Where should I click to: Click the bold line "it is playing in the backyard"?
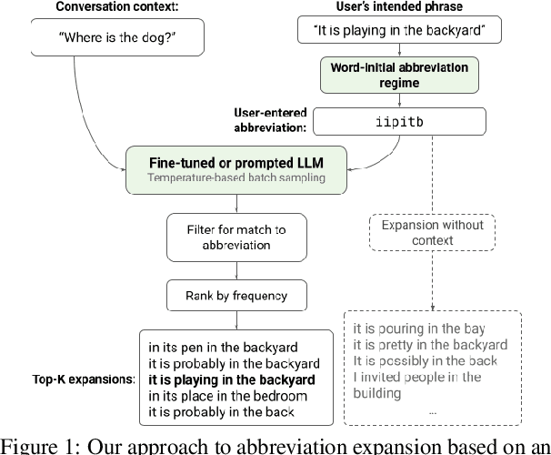233,379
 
